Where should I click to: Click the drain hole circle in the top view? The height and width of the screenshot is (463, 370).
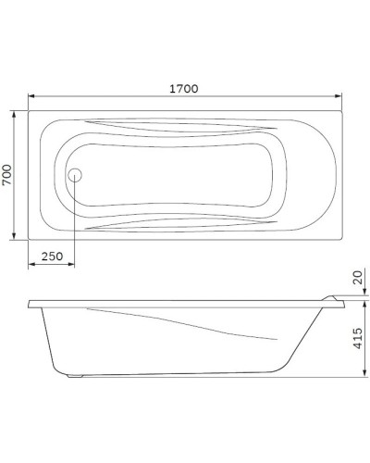(77, 174)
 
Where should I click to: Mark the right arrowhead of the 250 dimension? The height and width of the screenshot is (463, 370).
(74, 267)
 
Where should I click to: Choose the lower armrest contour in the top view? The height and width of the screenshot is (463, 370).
(185, 222)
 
